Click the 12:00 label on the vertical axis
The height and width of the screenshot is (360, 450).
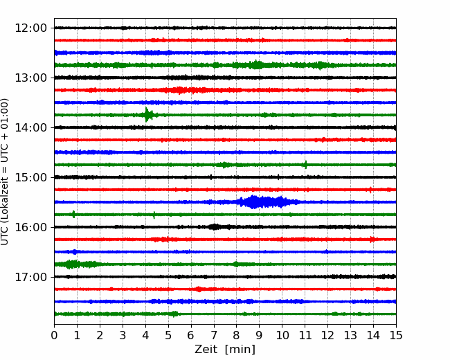pyautogui.click(x=30, y=28)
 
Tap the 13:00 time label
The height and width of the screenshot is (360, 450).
pyautogui.click(x=30, y=78)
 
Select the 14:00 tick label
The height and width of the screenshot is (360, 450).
pyautogui.click(x=30, y=127)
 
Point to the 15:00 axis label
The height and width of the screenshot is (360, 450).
pyautogui.click(x=30, y=177)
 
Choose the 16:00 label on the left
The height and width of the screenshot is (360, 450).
pyautogui.click(x=30, y=227)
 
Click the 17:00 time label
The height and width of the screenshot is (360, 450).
pyautogui.click(x=30, y=277)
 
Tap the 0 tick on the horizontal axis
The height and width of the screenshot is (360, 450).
pyautogui.click(x=54, y=335)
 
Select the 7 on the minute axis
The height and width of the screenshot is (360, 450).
pyautogui.click(x=213, y=335)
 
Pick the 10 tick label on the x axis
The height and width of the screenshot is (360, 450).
pyautogui.click(x=282, y=335)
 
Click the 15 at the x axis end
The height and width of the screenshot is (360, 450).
pyautogui.click(x=396, y=335)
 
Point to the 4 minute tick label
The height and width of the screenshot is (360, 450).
pyautogui.click(x=145, y=335)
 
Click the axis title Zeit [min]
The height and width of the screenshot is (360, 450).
pyautogui.click(x=225, y=350)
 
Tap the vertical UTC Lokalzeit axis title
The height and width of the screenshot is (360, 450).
pyautogui.click(x=5, y=172)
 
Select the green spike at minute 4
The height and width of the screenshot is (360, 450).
pyautogui.click(x=147, y=115)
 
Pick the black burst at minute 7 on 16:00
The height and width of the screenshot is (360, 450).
pyautogui.click(x=214, y=227)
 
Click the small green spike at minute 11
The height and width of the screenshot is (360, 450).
pyautogui.click(x=305, y=165)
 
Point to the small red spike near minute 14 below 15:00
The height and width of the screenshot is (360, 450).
pyautogui.click(x=370, y=190)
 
